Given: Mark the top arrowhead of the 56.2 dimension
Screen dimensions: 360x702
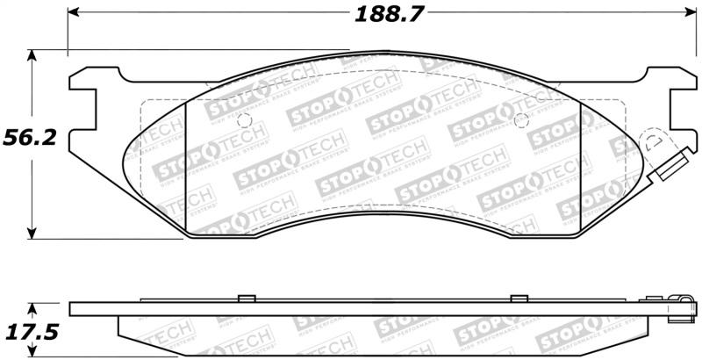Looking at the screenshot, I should [32, 55].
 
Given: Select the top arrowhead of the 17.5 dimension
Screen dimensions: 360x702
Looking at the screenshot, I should [32, 309].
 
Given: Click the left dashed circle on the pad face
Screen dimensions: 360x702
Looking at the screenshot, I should [245, 120].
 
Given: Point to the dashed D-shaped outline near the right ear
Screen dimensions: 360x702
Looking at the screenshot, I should [655, 143].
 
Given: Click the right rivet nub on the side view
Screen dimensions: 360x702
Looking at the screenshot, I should [519, 297].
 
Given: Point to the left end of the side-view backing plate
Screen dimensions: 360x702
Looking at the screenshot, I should [72, 308].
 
